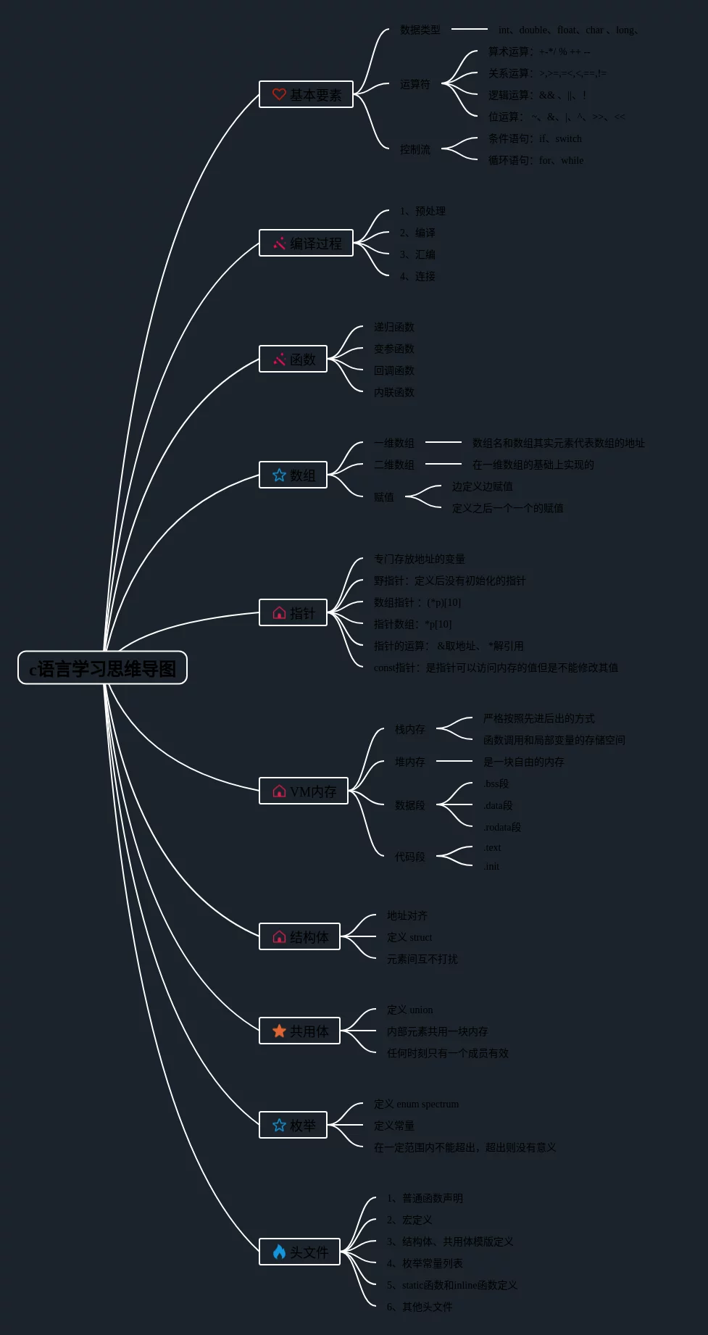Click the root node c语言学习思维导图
point(102,667)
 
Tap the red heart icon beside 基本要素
point(279,94)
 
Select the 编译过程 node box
point(306,243)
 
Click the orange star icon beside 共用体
point(279,1031)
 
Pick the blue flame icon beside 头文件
point(279,1252)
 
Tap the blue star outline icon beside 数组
point(279,475)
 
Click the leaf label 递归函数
point(394,327)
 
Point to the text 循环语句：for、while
point(536,160)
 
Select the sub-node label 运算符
point(415,84)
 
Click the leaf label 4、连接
point(417,276)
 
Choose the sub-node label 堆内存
point(410,762)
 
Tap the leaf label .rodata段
point(502,827)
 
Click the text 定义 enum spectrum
point(416,1104)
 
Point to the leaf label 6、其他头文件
point(420,1307)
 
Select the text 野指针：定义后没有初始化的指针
point(450,581)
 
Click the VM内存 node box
point(304,791)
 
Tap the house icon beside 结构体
point(279,936)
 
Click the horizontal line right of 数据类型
point(469,29)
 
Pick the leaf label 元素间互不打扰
point(422,959)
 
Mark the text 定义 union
point(409,1010)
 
